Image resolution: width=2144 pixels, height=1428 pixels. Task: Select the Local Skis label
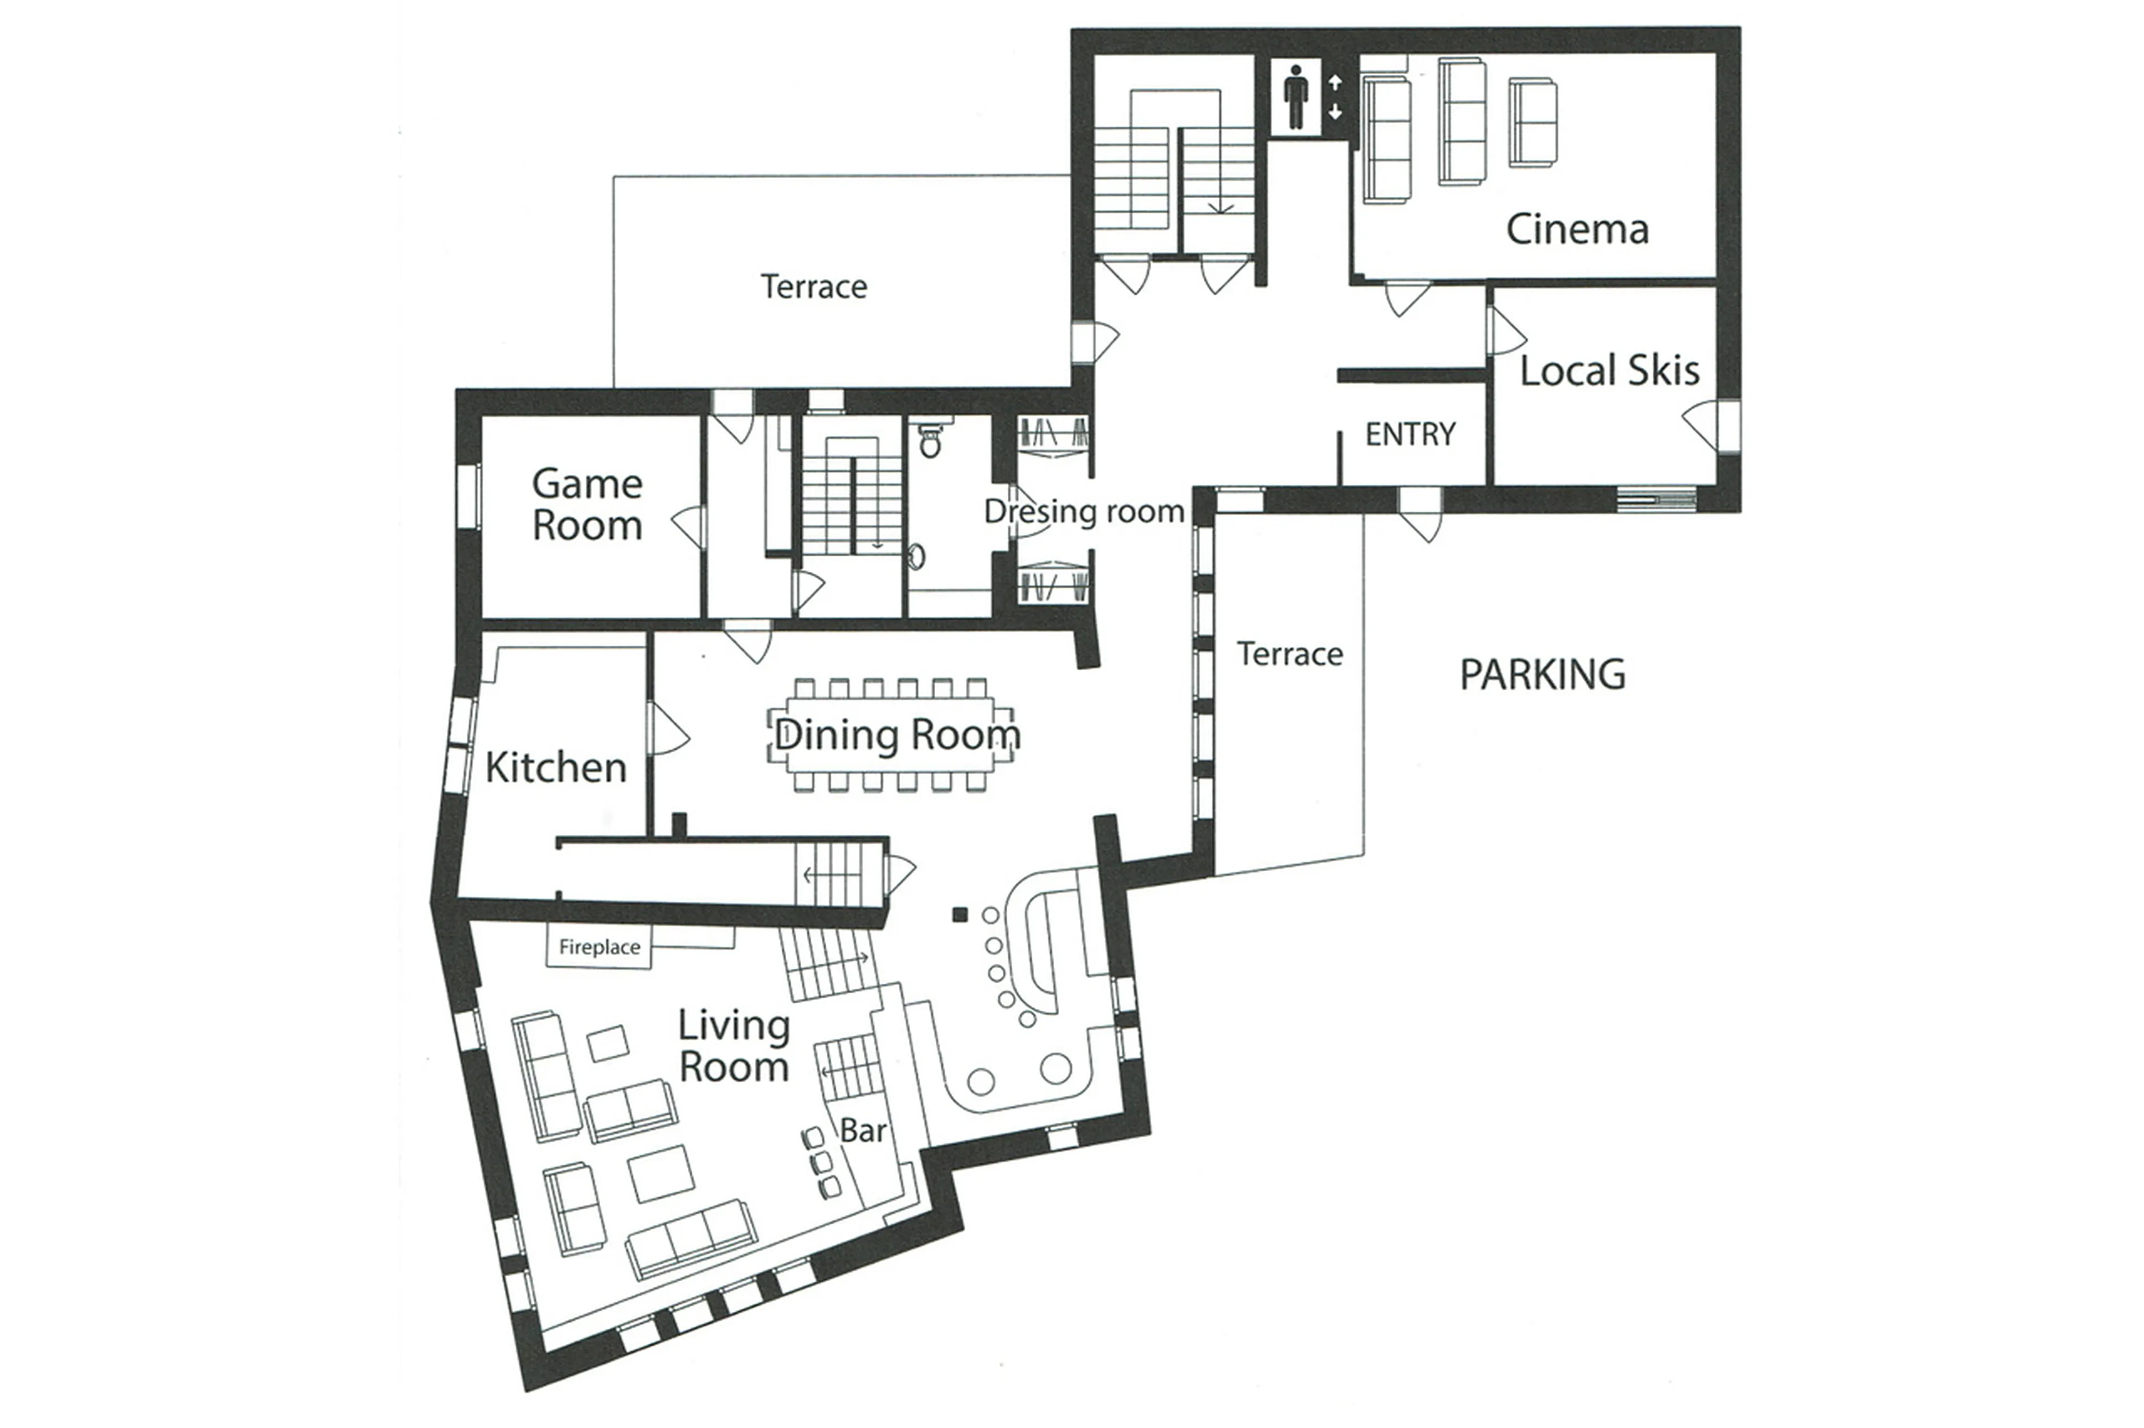tap(1609, 371)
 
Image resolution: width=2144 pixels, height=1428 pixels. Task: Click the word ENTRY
tap(1410, 434)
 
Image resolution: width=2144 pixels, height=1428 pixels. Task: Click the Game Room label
tap(587, 504)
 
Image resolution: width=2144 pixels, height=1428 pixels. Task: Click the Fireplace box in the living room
tap(599, 947)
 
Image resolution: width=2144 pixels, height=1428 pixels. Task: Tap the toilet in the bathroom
tap(930, 440)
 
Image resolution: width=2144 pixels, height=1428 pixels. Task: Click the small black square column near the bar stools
tap(959, 915)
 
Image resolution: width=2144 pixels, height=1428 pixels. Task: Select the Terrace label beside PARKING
tap(1289, 654)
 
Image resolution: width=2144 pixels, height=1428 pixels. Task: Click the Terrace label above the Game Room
tap(813, 287)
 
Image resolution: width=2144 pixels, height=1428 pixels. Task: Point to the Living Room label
tap(734, 1046)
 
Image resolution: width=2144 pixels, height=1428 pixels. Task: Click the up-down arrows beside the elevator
tap(1335, 98)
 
